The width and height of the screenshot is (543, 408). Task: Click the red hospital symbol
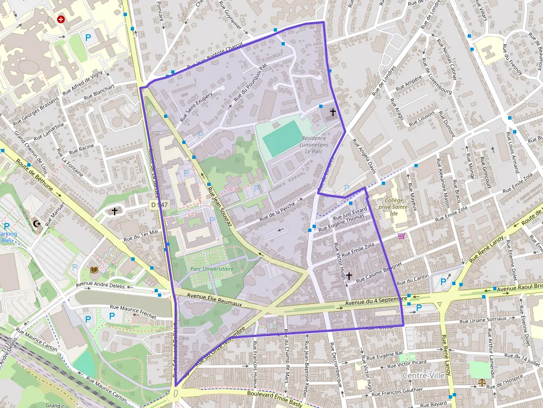point(61,19)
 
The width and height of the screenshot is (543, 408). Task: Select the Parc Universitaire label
point(212,269)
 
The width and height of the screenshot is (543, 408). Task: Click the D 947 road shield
point(158,205)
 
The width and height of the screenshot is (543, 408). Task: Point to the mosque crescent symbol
point(37,224)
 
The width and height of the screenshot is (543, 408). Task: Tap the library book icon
point(94,270)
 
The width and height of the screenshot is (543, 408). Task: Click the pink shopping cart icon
point(401,236)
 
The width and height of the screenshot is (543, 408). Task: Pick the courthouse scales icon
point(481,382)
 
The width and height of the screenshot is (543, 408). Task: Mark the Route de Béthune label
point(34,176)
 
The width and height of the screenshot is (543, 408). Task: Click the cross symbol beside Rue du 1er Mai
point(115,211)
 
